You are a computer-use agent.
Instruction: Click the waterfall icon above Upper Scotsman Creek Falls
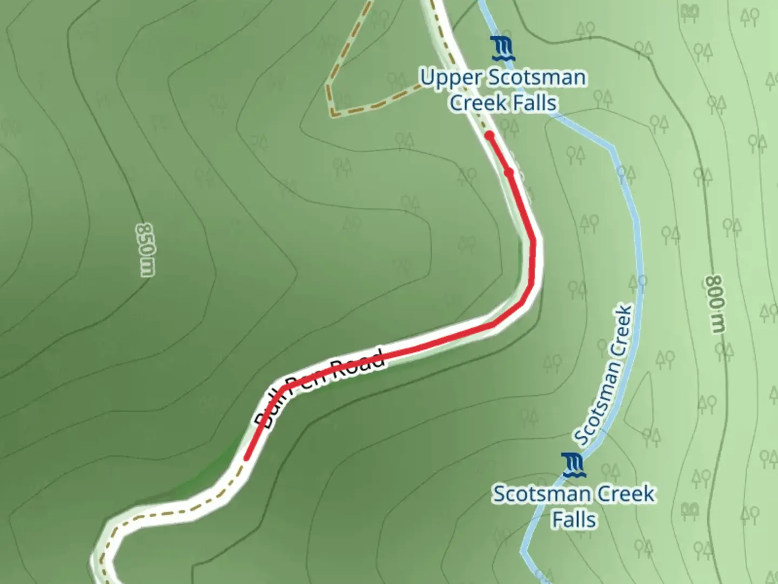click(502, 49)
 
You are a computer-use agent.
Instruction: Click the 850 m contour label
click(145, 250)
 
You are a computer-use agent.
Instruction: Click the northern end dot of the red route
click(489, 135)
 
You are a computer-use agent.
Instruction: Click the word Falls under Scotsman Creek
click(574, 519)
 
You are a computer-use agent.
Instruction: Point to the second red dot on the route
click(508, 172)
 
